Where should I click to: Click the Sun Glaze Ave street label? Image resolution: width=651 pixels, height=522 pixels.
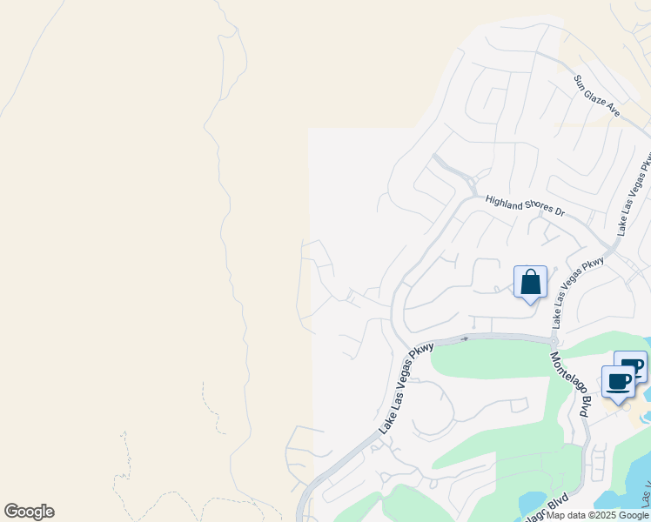point(596,97)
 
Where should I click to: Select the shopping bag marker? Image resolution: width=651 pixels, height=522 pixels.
point(530,284)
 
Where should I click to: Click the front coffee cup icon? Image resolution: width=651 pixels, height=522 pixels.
point(619,382)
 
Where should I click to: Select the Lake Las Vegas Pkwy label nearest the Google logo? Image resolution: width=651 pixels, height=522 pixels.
point(406,388)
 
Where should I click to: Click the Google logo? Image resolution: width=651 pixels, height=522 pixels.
point(29,512)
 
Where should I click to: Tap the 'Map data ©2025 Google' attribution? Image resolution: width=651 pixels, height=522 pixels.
point(598,515)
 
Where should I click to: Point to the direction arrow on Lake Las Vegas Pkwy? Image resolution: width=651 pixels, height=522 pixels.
point(465,339)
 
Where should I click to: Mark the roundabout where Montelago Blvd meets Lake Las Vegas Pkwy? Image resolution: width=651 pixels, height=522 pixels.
point(554,340)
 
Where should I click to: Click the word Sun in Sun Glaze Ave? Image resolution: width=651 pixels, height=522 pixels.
point(581,83)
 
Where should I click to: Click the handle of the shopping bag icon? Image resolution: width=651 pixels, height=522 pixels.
point(530,275)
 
